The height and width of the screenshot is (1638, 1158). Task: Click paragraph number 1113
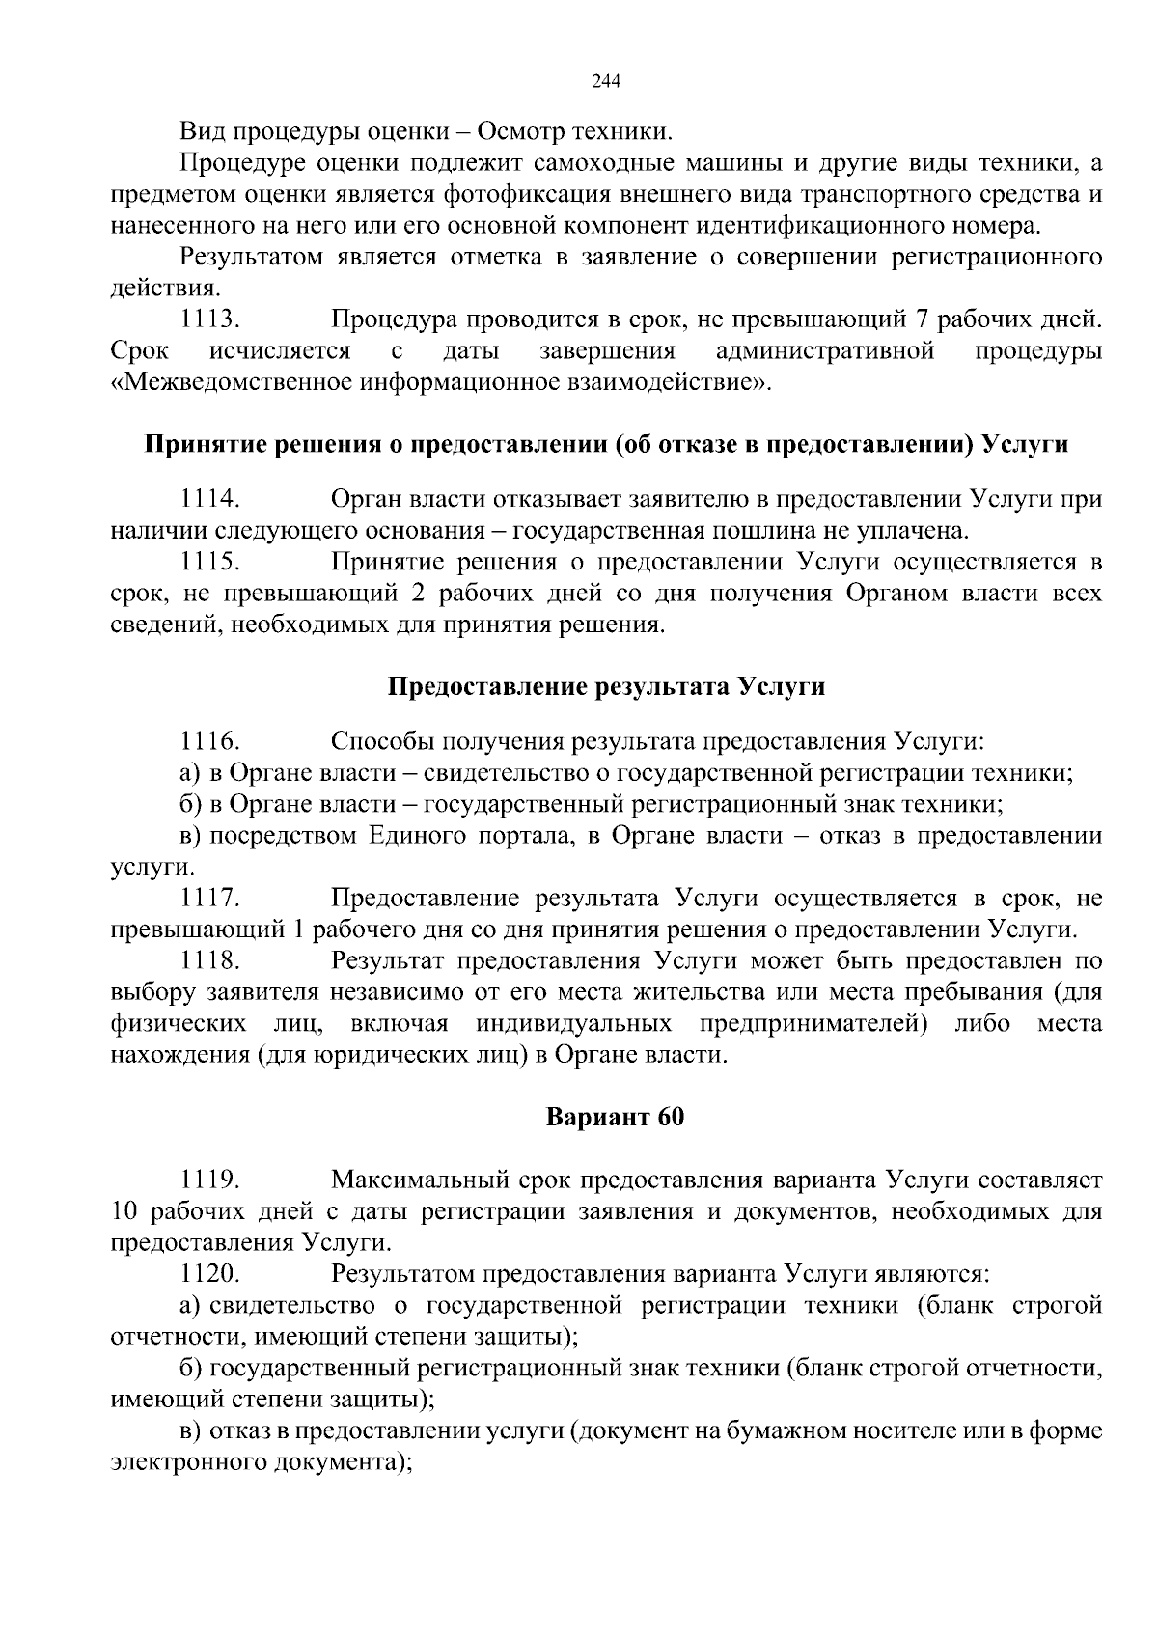pyautogui.click(x=209, y=319)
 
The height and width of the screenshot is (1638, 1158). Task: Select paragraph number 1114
pyautogui.click(x=209, y=499)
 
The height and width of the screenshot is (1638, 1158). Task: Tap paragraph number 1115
pyautogui.click(x=209, y=562)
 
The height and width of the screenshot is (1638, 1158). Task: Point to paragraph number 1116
pyautogui.click(x=209, y=741)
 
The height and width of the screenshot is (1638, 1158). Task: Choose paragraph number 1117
pyautogui.click(x=209, y=899)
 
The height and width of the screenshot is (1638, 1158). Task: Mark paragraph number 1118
pyautogui.click(x=209, y=961)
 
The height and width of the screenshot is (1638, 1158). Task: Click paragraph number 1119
pyautogui.click(x=209, y=1180)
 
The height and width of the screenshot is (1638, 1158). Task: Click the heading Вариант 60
pyautogui.click(x=615, y=1117)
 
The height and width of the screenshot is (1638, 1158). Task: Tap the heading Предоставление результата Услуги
pyautogui.click(x=606, y=687)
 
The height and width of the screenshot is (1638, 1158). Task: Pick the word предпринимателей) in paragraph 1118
pyautogui.click(x=815, y=1023)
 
